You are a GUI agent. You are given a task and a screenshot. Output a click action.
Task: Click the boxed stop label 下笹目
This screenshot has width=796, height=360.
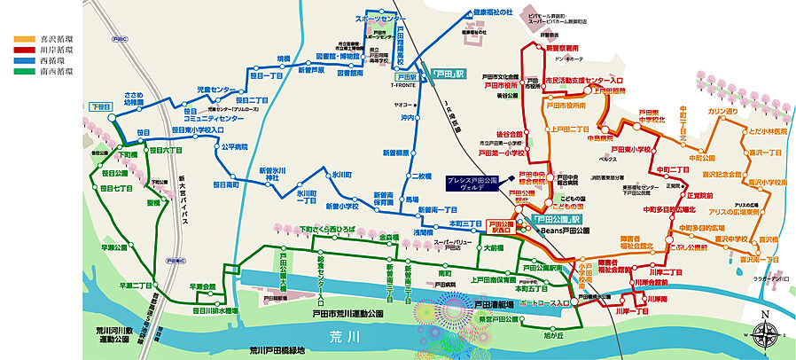click(x=100, y=106)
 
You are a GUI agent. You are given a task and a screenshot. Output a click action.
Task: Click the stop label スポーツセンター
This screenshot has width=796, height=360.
click(x=380, y=18)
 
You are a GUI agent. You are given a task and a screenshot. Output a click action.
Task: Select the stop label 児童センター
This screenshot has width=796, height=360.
click(x=216, y=90)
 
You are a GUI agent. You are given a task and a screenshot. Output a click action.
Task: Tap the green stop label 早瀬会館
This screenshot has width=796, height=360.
click(x=203, y=286)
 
